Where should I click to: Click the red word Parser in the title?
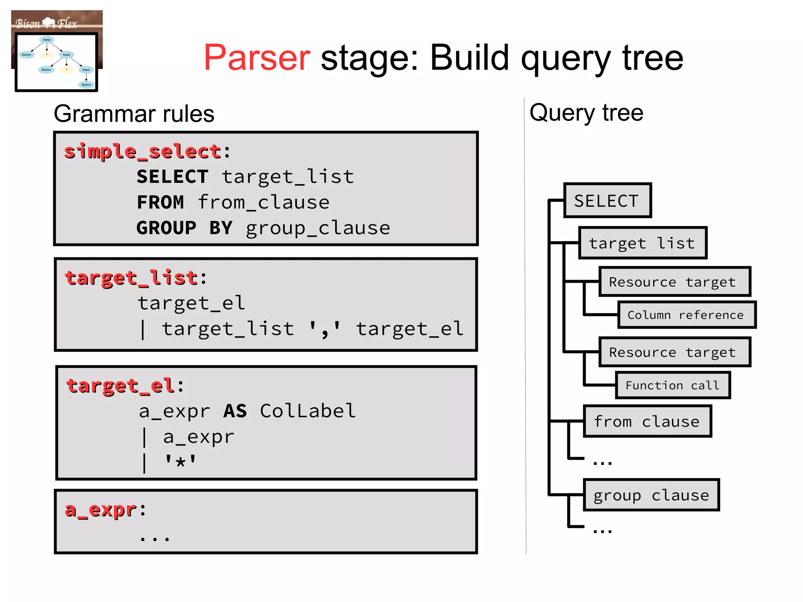click(x=257, y=58)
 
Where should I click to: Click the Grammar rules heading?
click(x=134, y=114)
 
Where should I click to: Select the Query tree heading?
click(x=586, y=113)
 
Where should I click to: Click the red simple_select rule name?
click(x=143, y=152)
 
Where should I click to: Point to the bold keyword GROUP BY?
click(x=184, y=228)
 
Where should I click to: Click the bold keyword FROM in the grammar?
click(x=160, y=202)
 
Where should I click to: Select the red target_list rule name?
click(x=131, y=278)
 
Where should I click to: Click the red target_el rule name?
click(x=120, y=386)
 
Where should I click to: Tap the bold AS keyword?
click(x=235, y=411)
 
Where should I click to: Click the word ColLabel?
click(x=308, y=411)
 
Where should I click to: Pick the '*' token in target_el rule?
click(x=180, y=462)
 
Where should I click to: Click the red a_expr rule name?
click(x=101, y=510)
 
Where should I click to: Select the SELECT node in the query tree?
click(x=607, y=200)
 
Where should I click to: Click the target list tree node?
click(x=642, y=243)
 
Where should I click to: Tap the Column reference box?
click(x=686, y=315)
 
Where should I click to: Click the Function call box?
click(x=672, y=386)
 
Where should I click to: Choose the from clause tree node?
click(x=647, y=422)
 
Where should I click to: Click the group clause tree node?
click(x=651, y=495)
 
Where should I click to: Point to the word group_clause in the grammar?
click(x=318, y=228)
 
